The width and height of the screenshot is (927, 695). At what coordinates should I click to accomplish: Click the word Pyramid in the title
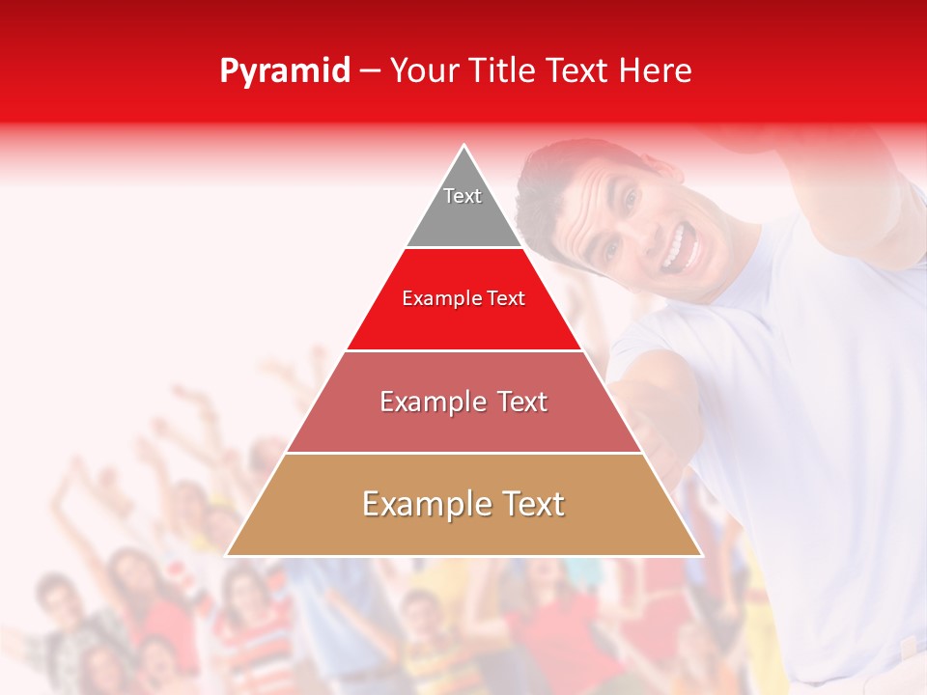[285, 71]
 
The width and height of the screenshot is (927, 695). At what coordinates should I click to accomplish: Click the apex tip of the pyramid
[464, 147]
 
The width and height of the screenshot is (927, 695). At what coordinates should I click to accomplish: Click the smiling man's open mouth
[676, 248]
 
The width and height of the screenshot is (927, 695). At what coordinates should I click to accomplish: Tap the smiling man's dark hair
[555, 174]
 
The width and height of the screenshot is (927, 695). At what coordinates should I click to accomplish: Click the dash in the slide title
[370, 71]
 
